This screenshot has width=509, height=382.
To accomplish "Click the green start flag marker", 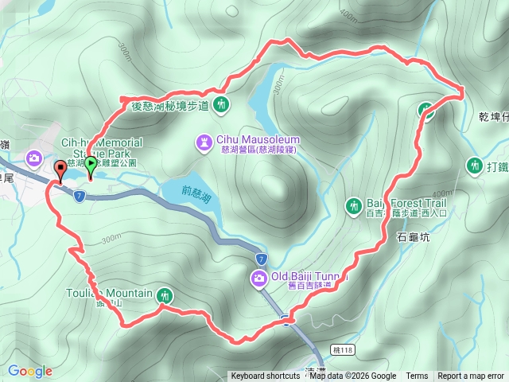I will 91,166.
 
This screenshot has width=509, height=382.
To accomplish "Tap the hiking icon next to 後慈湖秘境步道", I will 220,104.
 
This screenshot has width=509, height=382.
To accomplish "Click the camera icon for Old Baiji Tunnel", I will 259,278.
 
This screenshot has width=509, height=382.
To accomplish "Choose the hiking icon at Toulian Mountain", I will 164,294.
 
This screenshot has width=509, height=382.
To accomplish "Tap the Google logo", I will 30,371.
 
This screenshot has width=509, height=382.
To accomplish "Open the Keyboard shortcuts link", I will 266,376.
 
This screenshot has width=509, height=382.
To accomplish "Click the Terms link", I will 417,376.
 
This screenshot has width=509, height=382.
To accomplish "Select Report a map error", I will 471,376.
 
